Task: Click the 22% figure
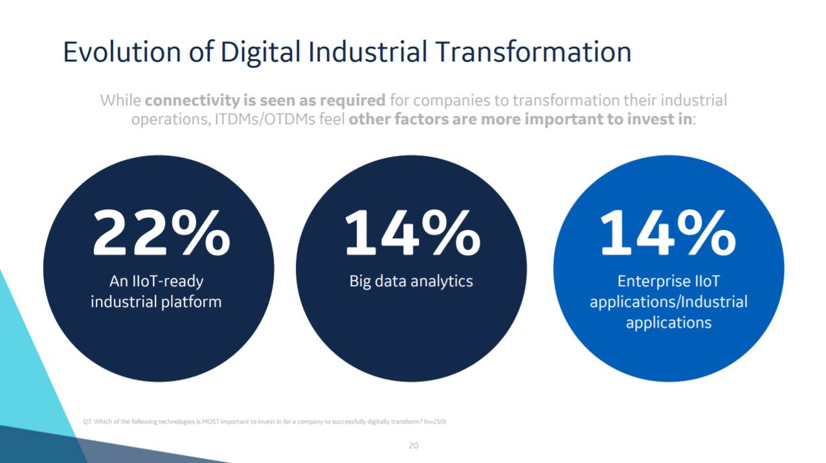coord(161,233)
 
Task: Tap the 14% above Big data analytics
coord(412,233)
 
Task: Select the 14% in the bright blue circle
coord(667,233)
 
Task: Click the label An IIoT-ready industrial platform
coord(156,291)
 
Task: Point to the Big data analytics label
coord(411,281)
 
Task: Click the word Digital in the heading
coord(261,52)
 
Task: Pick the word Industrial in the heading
coord(368,52)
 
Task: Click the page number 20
coord(413,446)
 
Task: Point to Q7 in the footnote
coord(87,422)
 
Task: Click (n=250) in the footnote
coord(434,422)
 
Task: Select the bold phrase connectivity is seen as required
coord(265,100)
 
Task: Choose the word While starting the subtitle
coord(120,100)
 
